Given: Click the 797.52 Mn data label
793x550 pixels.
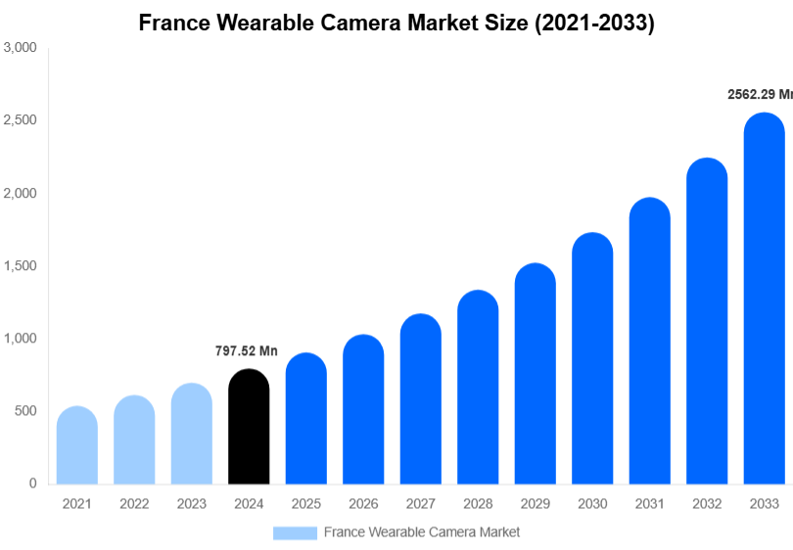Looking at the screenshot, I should [x=247, y=351].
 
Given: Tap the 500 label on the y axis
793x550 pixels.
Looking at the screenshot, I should [x=25, y=411].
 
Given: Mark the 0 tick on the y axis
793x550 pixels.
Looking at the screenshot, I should [x=32, y=483].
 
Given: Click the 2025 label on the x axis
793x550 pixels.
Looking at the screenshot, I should [x=305, y=504].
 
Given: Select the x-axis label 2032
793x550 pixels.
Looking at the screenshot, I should [x=706, y=504].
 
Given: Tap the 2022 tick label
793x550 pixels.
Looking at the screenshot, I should [x=134, y=504].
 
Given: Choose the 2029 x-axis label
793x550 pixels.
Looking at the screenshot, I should [x=535, y=504].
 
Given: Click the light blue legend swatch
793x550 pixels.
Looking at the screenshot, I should [x=295, y=532].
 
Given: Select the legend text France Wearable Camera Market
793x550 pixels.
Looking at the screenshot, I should [x=422, y=532].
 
